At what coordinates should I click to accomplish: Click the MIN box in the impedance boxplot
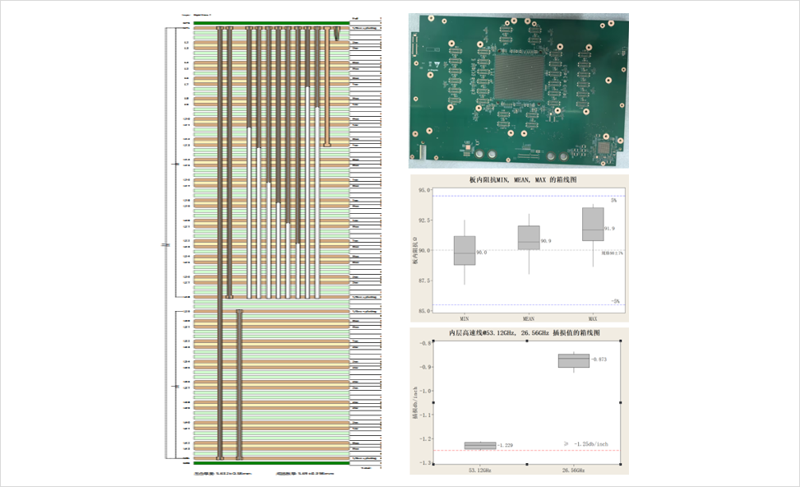[465, 250]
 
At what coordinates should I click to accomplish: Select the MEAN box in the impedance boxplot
[529, 237]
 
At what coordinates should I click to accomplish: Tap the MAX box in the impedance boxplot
[592, 224]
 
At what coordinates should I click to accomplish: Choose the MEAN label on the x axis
[529, 317]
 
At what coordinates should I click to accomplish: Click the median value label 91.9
[609, 229]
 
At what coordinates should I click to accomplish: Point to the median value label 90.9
[546, 242]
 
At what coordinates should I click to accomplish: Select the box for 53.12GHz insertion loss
[480, 446]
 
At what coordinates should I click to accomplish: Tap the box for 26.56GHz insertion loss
[574, 360]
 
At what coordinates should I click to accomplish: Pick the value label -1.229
[506, 446]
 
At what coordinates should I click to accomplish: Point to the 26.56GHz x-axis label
[574, 470]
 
